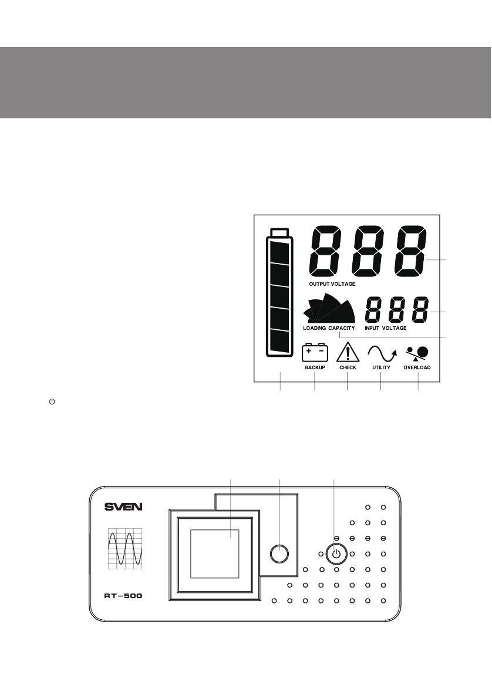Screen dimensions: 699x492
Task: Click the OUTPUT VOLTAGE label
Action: click(x=332, y=283)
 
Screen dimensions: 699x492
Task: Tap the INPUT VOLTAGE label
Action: click(x=385, y=328)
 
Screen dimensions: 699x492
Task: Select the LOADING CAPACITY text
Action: click(x=329, y=328)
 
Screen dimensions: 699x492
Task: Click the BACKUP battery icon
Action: click(x=315, y=353)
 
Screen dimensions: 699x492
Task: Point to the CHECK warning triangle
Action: click(x=348, y=353)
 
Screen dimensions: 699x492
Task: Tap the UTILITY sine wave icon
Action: click(x=382, y=353)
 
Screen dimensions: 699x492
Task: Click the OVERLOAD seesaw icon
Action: click(x=417, y=353)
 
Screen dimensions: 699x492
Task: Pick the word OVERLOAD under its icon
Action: click(x=417, y=368)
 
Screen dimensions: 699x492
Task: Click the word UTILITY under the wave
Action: click(x=381, y=368)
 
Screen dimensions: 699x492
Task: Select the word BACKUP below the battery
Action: click(x=315, y=368)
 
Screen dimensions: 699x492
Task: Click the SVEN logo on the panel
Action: click(x=123, y=507)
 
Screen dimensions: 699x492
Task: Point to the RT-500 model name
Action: click(x=123, y=595)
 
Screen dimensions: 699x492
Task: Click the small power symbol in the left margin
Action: click(x=52, y=401)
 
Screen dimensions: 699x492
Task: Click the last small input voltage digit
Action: click(x=419, y=310)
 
